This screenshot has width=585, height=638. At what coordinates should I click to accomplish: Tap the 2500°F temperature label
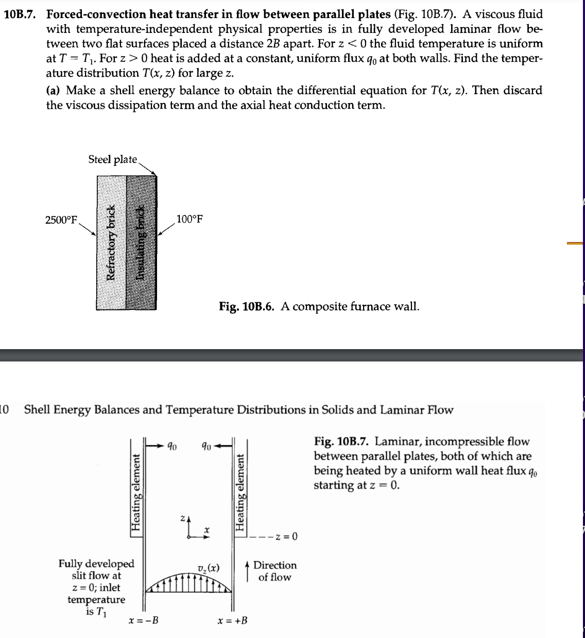(x=61, y=220)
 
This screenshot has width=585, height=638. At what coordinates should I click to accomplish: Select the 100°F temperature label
(x=190, y=219)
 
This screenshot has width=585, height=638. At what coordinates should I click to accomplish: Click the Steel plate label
(x=112, y=159)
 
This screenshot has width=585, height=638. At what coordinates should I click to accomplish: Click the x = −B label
(x=143, y=620)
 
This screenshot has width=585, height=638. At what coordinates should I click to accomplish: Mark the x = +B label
(x=232, y=620)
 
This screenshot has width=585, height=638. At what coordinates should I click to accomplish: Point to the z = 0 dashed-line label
(x=286, y=538)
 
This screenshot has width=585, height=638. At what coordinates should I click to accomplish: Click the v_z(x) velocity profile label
(x=208, y=568)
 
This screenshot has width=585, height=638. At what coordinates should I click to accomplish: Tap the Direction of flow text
(x=274, y=571)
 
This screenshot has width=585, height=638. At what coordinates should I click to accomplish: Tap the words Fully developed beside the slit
(x=96, y=564)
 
